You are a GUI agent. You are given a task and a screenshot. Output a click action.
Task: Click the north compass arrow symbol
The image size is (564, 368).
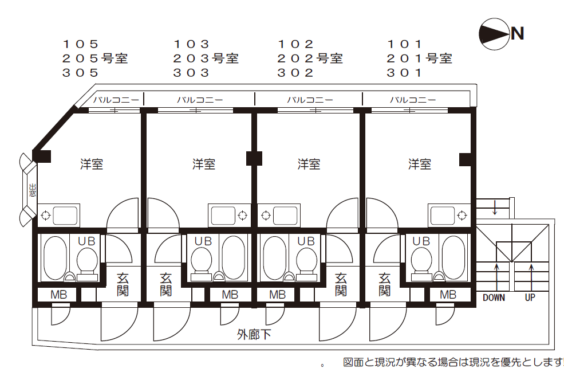(494, 33)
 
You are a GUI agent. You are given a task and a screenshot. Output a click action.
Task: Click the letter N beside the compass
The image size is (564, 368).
(518, 34)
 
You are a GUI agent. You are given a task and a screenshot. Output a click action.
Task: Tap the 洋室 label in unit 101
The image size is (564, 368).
(420, 165)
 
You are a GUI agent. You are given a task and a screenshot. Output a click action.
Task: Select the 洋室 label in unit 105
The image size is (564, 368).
(92, 165)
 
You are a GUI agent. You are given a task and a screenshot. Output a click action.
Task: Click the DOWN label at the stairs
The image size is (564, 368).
(494, 297)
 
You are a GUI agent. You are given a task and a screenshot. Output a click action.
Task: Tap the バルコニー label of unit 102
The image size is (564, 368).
(310, 100)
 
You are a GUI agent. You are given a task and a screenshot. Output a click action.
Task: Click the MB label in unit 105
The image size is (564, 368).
(58, 295)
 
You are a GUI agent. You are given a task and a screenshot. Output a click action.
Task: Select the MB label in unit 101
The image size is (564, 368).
(448, 295)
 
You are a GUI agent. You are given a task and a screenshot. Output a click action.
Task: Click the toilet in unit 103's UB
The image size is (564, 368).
(201, 261)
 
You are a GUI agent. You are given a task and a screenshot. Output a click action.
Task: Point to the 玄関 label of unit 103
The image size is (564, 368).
(166, 284)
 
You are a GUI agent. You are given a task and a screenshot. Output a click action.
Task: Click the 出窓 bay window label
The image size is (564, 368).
(32, 190)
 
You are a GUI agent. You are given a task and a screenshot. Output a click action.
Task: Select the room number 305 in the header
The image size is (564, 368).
(81, 73)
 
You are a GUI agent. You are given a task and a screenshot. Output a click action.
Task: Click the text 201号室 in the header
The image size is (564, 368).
(419, 58)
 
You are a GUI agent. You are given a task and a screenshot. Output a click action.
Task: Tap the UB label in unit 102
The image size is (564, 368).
(306, 241)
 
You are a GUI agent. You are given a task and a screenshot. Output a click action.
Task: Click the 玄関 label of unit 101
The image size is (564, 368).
(385, 284)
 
